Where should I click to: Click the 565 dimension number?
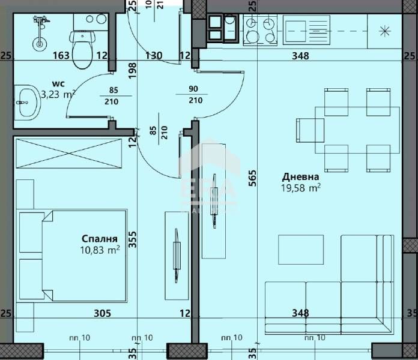(252, 179)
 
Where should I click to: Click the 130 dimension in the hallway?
(154, 56)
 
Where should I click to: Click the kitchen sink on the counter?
(303, 29)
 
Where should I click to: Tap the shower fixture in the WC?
(40, 30)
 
